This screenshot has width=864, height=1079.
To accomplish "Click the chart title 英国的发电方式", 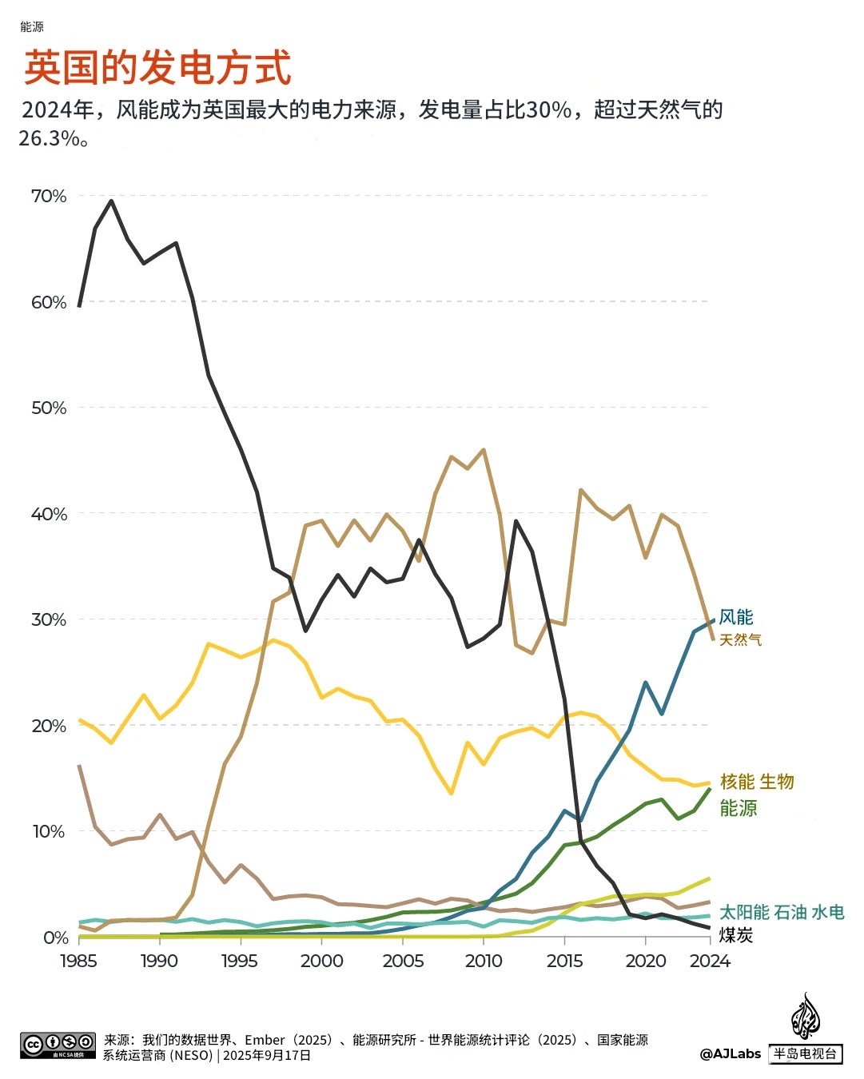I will [x=157, y=67].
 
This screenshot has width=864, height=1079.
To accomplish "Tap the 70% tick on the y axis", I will [x=49, y=197].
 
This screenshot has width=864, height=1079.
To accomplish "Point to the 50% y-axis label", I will [x=49, y=408].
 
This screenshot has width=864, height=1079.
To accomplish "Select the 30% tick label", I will [x=49, y=620].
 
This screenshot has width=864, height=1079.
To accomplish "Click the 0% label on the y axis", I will [x=55, y=938].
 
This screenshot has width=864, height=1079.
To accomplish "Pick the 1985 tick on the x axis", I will [x=78, y=961].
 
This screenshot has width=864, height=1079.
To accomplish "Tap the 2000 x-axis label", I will [x=321, y=961].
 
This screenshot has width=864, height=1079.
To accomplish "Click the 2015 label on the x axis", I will [x=564, y=961].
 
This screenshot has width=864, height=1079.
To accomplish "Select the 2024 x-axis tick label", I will [x=710, y=961].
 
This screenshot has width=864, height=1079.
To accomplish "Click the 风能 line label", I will [x=736, y=617].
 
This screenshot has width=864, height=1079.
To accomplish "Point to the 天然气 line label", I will [x=741, y=640].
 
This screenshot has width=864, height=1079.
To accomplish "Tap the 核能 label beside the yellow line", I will [x=737, y=782].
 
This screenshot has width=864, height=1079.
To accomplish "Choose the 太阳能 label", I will [x=744, y=913].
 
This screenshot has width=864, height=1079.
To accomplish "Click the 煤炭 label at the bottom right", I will [x=736, y=935].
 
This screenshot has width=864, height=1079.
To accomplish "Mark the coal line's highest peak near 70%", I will [x=111, y=201].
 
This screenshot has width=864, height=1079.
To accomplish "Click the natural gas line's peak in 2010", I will [x=484, y=450].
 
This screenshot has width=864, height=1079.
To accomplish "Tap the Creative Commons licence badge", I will [x=58, y=1045].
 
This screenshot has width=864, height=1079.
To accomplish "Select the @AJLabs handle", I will [x=731, y=1054].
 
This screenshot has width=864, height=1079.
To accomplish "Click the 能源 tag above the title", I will [x=32, y=26].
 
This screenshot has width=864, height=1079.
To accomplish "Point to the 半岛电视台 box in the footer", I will [x=806, y=1054].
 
